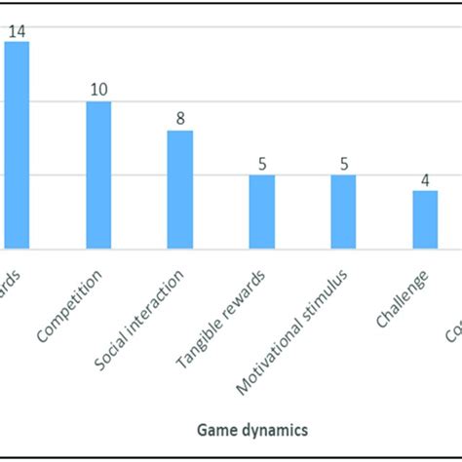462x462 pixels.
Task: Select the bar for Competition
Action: click(98, 174)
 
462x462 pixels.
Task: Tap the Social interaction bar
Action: click(180, 189)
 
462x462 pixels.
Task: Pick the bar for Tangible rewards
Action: click(261, 212)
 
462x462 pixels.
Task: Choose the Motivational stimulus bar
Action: click(343, 212)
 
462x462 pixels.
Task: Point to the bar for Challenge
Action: click(425, 219)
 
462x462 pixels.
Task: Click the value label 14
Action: click(17, 30)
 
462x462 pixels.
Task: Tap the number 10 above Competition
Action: click(98, 90)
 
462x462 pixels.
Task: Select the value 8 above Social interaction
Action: click(180, 119)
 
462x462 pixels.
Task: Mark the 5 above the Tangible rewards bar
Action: click(261, 164)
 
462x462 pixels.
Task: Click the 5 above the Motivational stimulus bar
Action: click(343, 164)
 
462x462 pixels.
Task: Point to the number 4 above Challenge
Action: click(425, 179)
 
